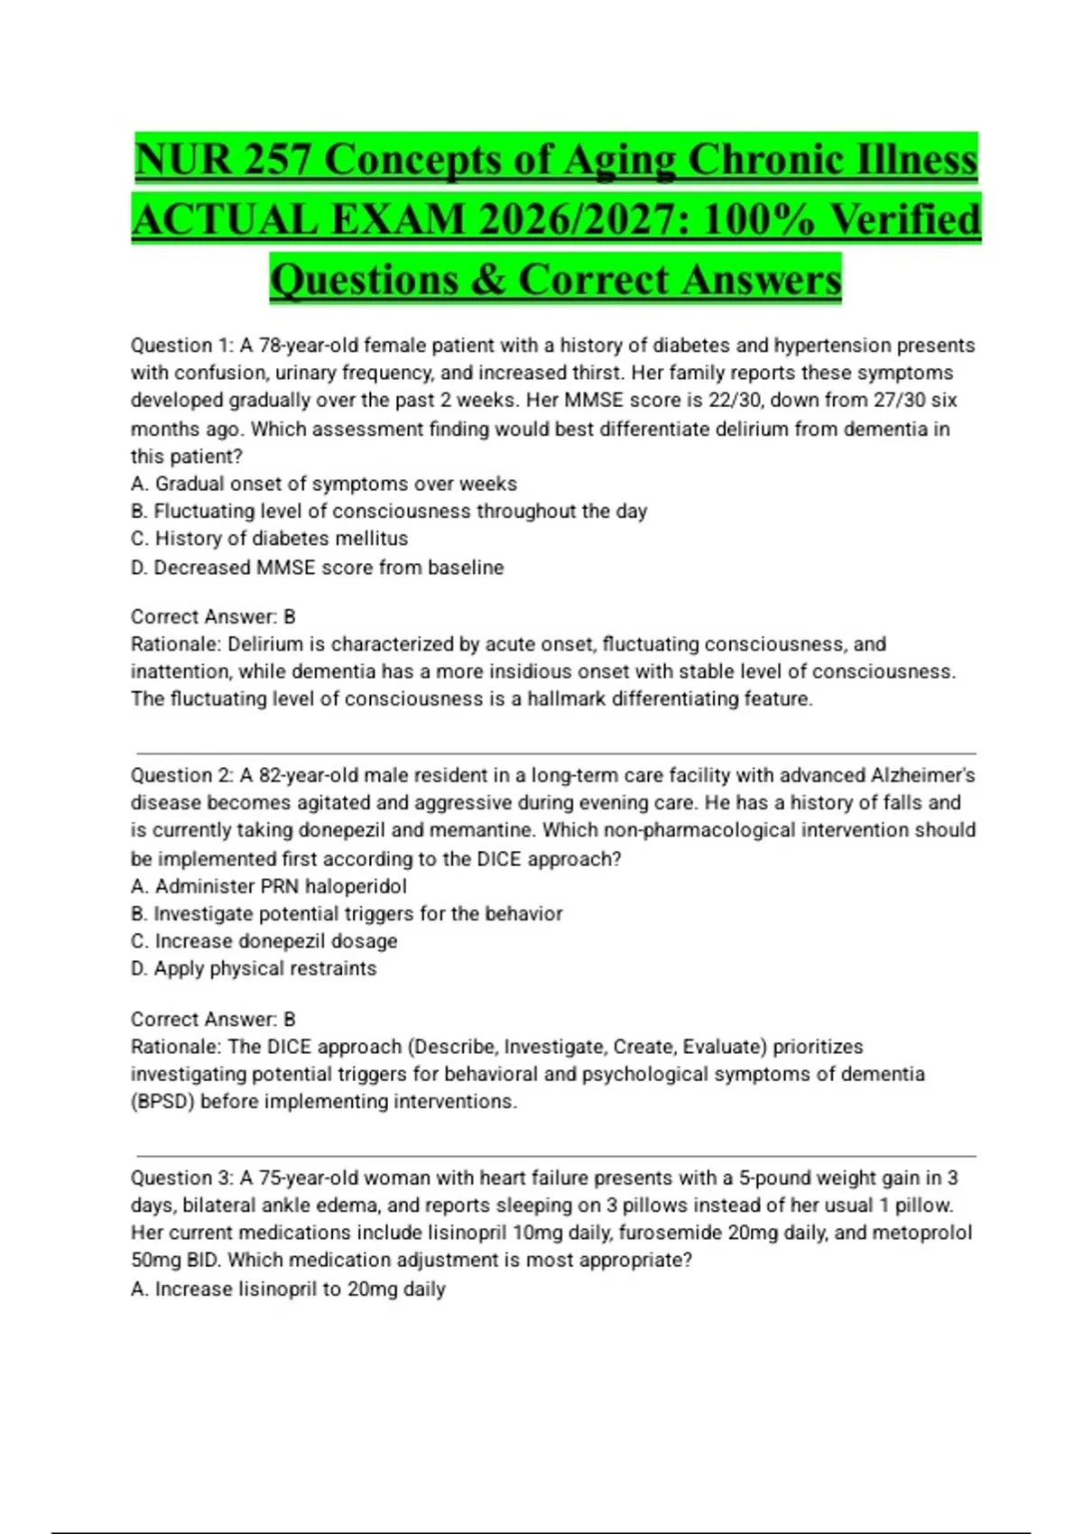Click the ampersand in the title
click(487, 280)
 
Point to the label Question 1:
click(182, 346)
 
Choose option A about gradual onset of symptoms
click(324, 484)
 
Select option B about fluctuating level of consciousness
click(389, 512)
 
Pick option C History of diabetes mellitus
click(270, 539)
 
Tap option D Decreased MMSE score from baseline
click(318, 568)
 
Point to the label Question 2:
click(182, 775)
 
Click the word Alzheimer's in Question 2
click(922, 775)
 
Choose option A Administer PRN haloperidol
click(269, 886)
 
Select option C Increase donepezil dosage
click(264, 941)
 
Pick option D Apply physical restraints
click(254, 968)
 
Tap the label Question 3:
click(182, 1178)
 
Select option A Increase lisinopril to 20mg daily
click(289, 1289)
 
